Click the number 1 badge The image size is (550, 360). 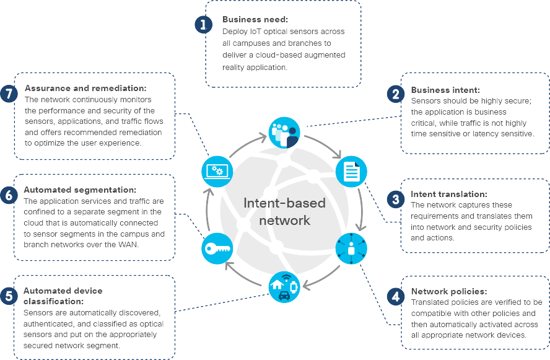coord(203,24)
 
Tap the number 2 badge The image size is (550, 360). coord(395,94)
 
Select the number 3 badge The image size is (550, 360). coord(395,199)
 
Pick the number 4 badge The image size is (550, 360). coord(395,296)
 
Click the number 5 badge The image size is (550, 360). coord(7,296)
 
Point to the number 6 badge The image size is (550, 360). coord(7,195)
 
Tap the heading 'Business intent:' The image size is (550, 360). coord(445,90)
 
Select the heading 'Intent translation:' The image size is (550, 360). coord(448,194)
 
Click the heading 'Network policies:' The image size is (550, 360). coord(449,291)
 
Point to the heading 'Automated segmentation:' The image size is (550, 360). coord(80,190)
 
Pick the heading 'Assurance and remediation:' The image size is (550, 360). coord(85,89)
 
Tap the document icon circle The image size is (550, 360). coord(351,172)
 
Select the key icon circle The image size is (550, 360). coord(217,250)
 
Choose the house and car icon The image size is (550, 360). coord(284,287)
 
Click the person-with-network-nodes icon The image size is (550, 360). coord(351,248)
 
